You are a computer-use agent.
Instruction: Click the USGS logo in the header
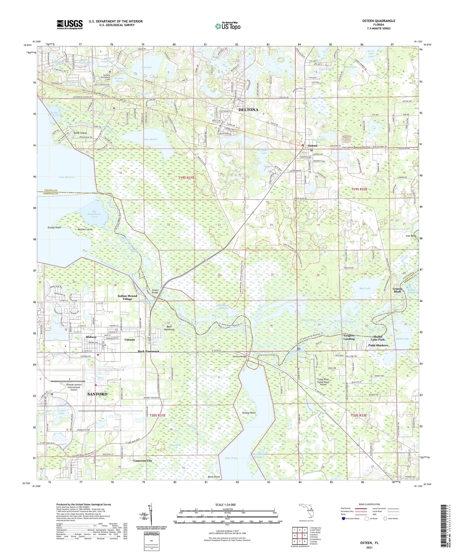69,24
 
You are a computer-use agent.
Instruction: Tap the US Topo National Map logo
227,26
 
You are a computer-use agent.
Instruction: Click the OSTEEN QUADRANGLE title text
378,21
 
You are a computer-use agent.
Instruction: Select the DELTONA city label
248,110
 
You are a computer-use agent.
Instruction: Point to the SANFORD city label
97,394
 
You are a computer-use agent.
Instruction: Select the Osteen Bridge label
155,291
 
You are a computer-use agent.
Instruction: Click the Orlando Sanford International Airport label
74,387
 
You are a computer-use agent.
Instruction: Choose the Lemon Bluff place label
397,290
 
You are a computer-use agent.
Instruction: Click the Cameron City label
143,460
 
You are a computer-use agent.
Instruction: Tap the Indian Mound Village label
127,297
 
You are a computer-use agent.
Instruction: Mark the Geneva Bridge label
239,357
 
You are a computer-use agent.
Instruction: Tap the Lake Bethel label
150,139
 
